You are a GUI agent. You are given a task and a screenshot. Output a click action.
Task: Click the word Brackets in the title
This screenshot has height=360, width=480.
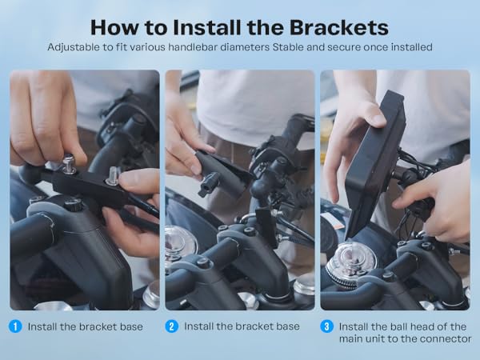pos(339,27)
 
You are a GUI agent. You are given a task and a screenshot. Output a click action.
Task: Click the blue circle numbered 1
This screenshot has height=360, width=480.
pos(15,326)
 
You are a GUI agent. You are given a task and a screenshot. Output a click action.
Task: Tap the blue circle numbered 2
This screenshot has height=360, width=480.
pos(172,326)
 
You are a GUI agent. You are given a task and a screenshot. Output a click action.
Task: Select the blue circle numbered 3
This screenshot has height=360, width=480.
pos(326,326)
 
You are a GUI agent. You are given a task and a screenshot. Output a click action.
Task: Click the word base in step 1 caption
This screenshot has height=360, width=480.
pos(131,326)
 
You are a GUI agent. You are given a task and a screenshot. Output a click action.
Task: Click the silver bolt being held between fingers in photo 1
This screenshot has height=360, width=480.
pos(113,176)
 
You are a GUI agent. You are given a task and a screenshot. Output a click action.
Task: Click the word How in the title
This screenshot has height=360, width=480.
pos(114,27)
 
